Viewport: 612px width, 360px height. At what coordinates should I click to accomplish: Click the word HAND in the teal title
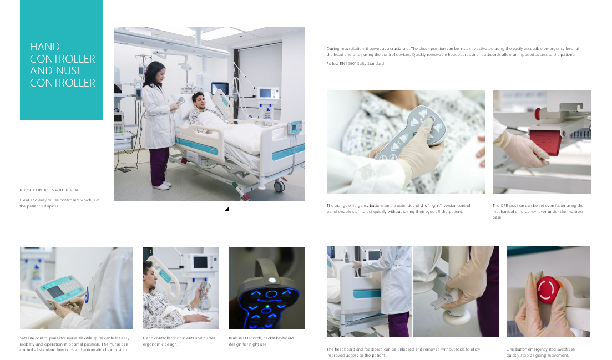[x=45, y=47]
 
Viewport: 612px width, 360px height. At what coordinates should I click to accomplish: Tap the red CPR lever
[x=546, y=140]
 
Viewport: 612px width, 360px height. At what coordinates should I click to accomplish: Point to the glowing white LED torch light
[x=272, y=280]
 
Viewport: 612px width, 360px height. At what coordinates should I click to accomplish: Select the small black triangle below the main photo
[x=227, y=210]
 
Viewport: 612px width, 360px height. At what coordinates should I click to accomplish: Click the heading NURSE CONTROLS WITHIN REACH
[x=51, y=190]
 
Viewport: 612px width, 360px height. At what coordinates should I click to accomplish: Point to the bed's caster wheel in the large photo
[x=279, y=186]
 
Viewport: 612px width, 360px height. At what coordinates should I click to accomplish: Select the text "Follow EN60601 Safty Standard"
[x=355, y=64]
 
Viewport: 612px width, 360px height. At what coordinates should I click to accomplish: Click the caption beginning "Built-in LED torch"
[x=261, y=341]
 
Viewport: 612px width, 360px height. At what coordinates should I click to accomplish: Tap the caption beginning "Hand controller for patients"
[x=180, y=341]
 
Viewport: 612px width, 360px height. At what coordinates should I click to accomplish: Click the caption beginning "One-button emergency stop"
[x=540, y=352]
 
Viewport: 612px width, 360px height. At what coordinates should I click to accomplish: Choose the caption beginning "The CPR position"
[x=538, y=211]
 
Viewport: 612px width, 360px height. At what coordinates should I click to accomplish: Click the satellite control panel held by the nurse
[x=60, y=291]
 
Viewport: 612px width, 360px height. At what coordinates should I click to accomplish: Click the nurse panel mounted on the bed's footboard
[x=295, y=127]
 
